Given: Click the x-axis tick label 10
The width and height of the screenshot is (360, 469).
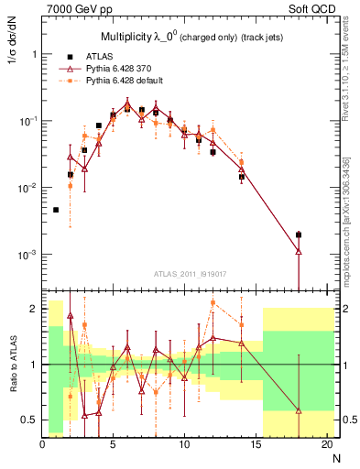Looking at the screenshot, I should (x=184, y=444).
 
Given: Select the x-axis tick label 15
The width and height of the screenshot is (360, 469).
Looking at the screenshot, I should (x=256, y=444).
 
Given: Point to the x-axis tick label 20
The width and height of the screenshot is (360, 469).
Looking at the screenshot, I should (x=326, y=444).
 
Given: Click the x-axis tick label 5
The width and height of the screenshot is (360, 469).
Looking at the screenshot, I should (x=113, y=444).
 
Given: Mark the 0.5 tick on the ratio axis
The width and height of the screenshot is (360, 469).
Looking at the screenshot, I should (x=30, y=420).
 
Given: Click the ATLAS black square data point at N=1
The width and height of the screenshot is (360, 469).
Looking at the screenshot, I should (x=56, y=210).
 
